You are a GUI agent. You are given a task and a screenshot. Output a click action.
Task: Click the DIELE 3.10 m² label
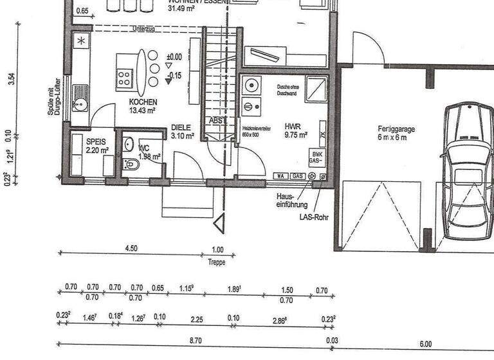[182, 132]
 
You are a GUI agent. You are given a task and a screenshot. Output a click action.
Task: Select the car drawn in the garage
[468, 170]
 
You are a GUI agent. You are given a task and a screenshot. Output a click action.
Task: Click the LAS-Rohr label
[314, 217]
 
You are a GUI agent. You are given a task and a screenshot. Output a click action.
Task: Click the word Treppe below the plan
[217, 262]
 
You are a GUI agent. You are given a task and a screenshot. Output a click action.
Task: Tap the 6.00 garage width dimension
[425, 344]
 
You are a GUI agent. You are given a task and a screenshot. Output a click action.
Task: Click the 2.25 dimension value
[197, 318]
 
